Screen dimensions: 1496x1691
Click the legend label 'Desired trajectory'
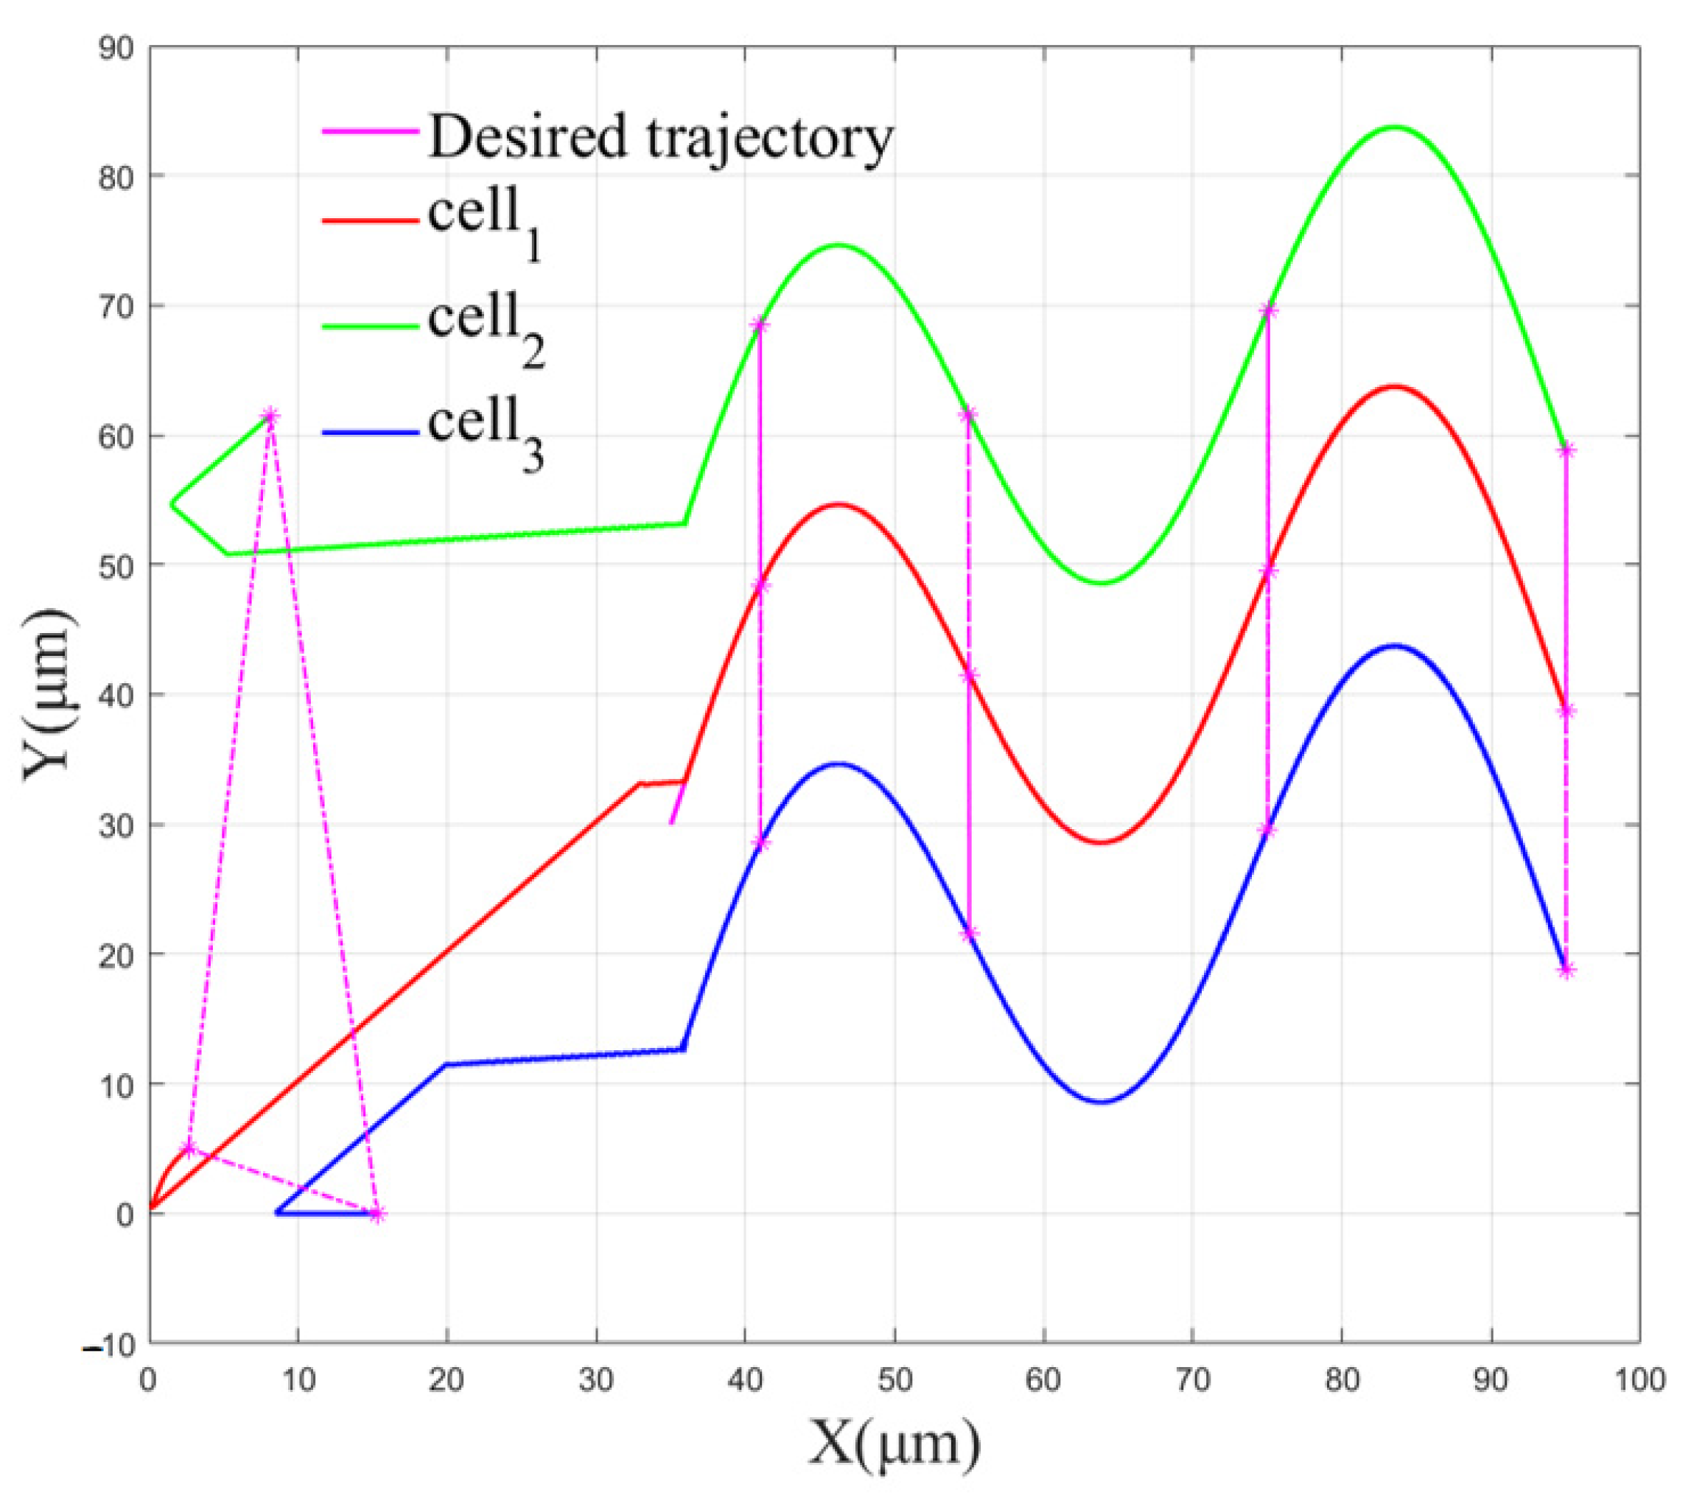pos(660,137)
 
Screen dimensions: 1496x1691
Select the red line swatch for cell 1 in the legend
pos(370,221)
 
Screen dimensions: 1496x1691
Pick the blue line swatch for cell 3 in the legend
pos(370,432)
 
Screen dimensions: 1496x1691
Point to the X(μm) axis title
pos(894,1444)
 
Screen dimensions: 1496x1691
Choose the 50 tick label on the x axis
pos(894,1380)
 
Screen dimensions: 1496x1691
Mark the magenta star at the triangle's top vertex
pos(270,416)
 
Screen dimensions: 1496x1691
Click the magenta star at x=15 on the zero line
pos(377,1214)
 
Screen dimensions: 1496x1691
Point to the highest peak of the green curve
pos(1396,127)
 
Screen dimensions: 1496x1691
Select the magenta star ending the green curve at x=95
pos(1566,450)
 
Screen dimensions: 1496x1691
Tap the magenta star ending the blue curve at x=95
pos(1566,971)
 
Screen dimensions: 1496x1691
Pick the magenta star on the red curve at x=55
pos(970,675)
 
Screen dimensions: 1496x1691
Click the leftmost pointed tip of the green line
pos(171,503)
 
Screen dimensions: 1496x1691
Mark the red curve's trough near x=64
pos(1101,843)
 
